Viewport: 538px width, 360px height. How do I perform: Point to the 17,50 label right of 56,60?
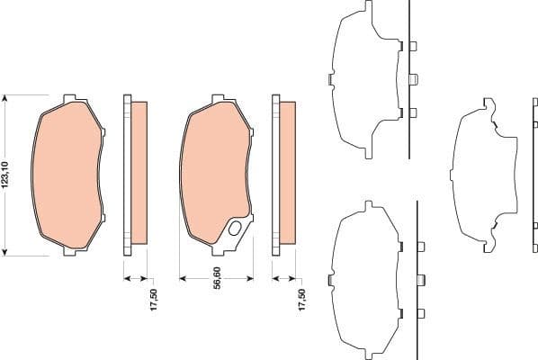click(301, 300)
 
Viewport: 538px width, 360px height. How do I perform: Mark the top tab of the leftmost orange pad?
click(70, 97)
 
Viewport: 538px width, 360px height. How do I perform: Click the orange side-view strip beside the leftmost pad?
click(139, 172)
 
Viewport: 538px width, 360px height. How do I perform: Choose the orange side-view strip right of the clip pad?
click(287, 172)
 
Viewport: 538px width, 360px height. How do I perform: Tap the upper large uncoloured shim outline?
click(364, 81)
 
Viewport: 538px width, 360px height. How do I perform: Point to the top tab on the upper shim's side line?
click(413, 47)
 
